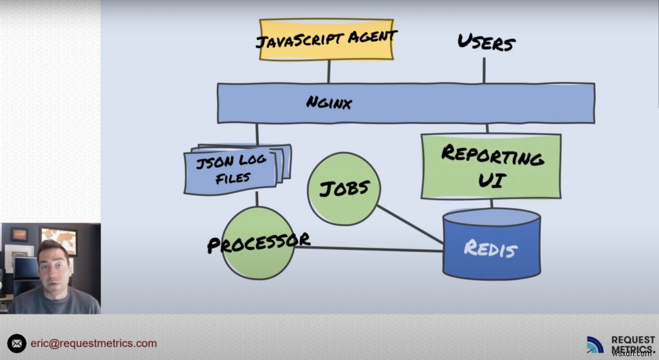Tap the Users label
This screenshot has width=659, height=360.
(x=487, y=43)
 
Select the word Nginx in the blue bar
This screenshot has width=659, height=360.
(x=329, y=102)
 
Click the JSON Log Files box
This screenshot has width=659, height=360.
(x=234, y=169)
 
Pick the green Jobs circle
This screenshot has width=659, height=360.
(x=344, y=188)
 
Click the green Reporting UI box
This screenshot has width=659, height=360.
(x=491, y=166)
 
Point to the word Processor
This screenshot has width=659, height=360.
(x=258, y=242)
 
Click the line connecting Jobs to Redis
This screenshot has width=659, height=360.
(x=410, y=225)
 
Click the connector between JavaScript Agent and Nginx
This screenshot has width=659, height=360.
(x=328, y=71)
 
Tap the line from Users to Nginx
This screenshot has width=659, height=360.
(x=485, y=70)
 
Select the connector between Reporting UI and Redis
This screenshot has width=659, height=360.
(x=491, y=204)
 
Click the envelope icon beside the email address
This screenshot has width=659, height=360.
(x=16, y=343)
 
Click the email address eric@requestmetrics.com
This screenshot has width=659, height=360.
(x=93, y=343)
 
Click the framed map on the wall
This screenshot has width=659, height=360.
(x=58, y=240)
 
